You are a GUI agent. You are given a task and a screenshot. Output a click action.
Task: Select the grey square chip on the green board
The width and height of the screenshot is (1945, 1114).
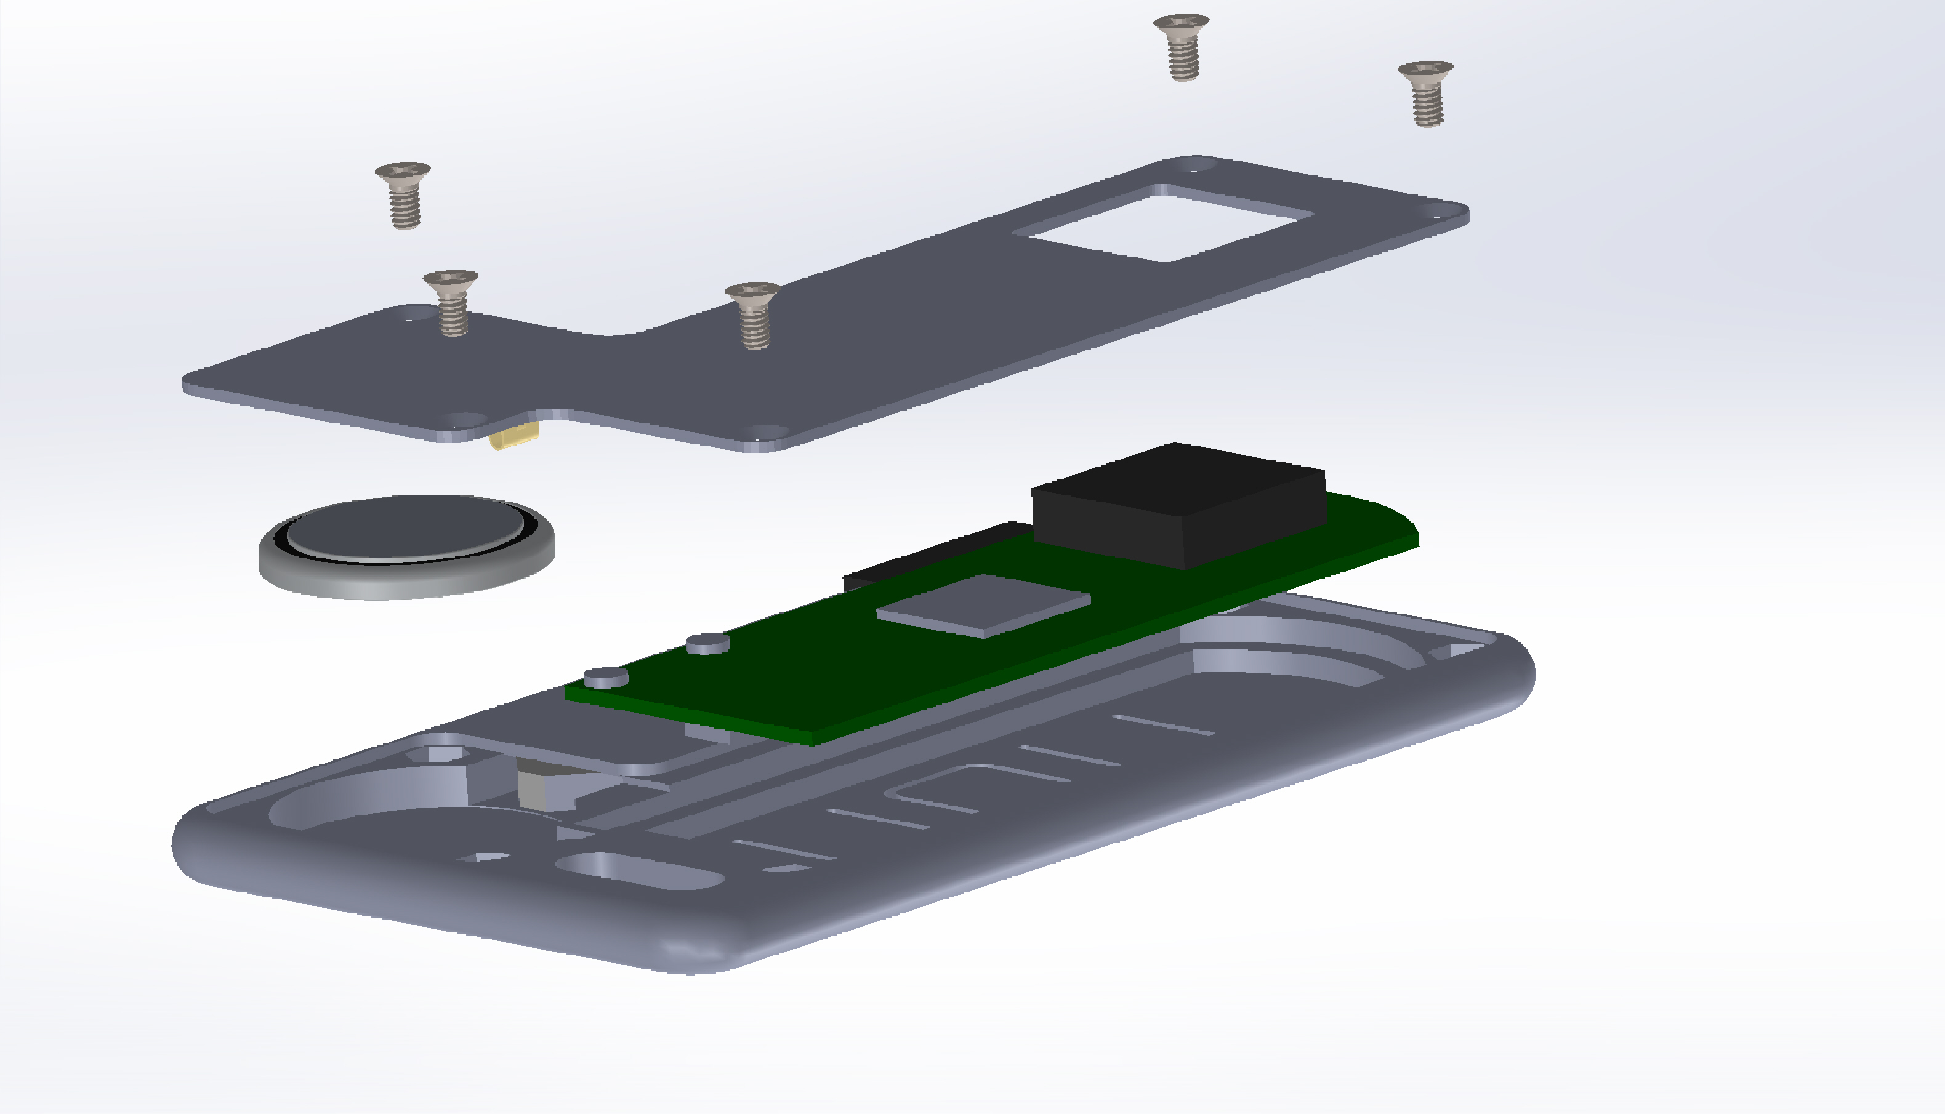point(983,604)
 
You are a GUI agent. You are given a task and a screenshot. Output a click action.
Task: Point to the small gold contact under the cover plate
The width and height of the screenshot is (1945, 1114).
point(514,438)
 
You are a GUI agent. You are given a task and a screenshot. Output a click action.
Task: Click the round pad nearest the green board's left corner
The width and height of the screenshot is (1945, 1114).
point(606,676)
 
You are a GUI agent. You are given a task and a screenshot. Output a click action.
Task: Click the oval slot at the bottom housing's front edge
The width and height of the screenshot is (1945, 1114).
point(639,871)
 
